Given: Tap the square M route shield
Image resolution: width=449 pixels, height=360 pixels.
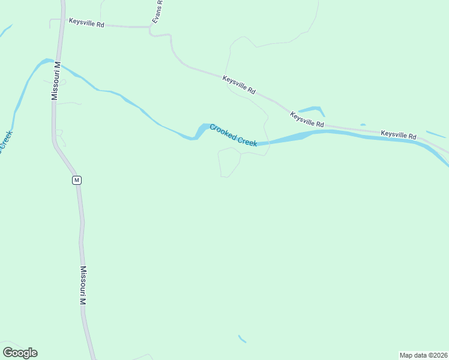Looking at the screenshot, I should click(76, 180).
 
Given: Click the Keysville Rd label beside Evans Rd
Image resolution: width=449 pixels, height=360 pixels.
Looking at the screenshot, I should click(87, 23).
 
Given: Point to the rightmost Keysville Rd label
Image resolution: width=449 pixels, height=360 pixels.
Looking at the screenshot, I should click(399, 135).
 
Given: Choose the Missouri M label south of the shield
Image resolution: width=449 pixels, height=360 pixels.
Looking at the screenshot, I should click(83, 286).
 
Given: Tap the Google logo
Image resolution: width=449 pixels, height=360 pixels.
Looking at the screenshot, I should click(20, 353).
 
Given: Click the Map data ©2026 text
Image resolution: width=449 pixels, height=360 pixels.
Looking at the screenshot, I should click(423, 355).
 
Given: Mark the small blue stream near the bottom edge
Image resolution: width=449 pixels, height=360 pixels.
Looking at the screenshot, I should click(242, 339).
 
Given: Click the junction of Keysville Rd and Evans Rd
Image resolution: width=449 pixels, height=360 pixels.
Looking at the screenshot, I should click(150, 27).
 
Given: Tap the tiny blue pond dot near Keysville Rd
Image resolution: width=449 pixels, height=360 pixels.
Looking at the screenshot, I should click(363, 125).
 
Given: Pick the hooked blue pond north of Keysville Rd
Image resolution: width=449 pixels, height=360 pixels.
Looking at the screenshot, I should click(314, 110).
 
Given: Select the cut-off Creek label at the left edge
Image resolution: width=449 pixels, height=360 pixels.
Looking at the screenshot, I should click(5, 142).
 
